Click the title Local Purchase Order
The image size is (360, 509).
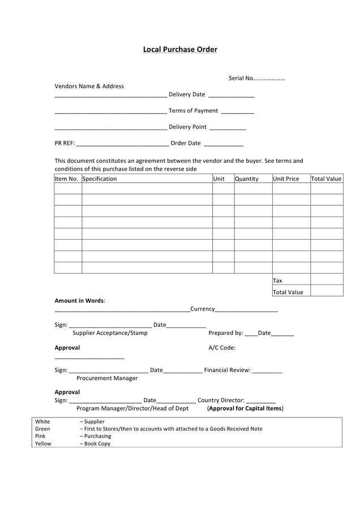click(x=180, y=50)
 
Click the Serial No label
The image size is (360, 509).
click(x=241, y=78)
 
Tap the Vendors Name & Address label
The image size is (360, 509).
click(x=89, y=87)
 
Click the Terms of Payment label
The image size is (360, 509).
click(x=193, y=111)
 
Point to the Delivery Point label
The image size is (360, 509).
click(x=187, y=127)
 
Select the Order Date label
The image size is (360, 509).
click(x=186, y=144)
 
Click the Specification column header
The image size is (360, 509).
click(x=100, y=179)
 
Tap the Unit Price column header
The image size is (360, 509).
click(x=286, y=179)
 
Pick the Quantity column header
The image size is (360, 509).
click(x=246, y=179)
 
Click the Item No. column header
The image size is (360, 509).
click(x=66, y=179)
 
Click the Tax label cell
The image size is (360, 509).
click(x=278, y=281)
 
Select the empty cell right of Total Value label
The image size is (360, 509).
click(x=327, y=291)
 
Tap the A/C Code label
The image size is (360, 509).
click(x=222, y=348)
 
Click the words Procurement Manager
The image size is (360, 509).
click(x=107, y=378)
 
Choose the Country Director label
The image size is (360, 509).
click(x=221, y=400)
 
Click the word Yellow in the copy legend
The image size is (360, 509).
click(x=43, y=443)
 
